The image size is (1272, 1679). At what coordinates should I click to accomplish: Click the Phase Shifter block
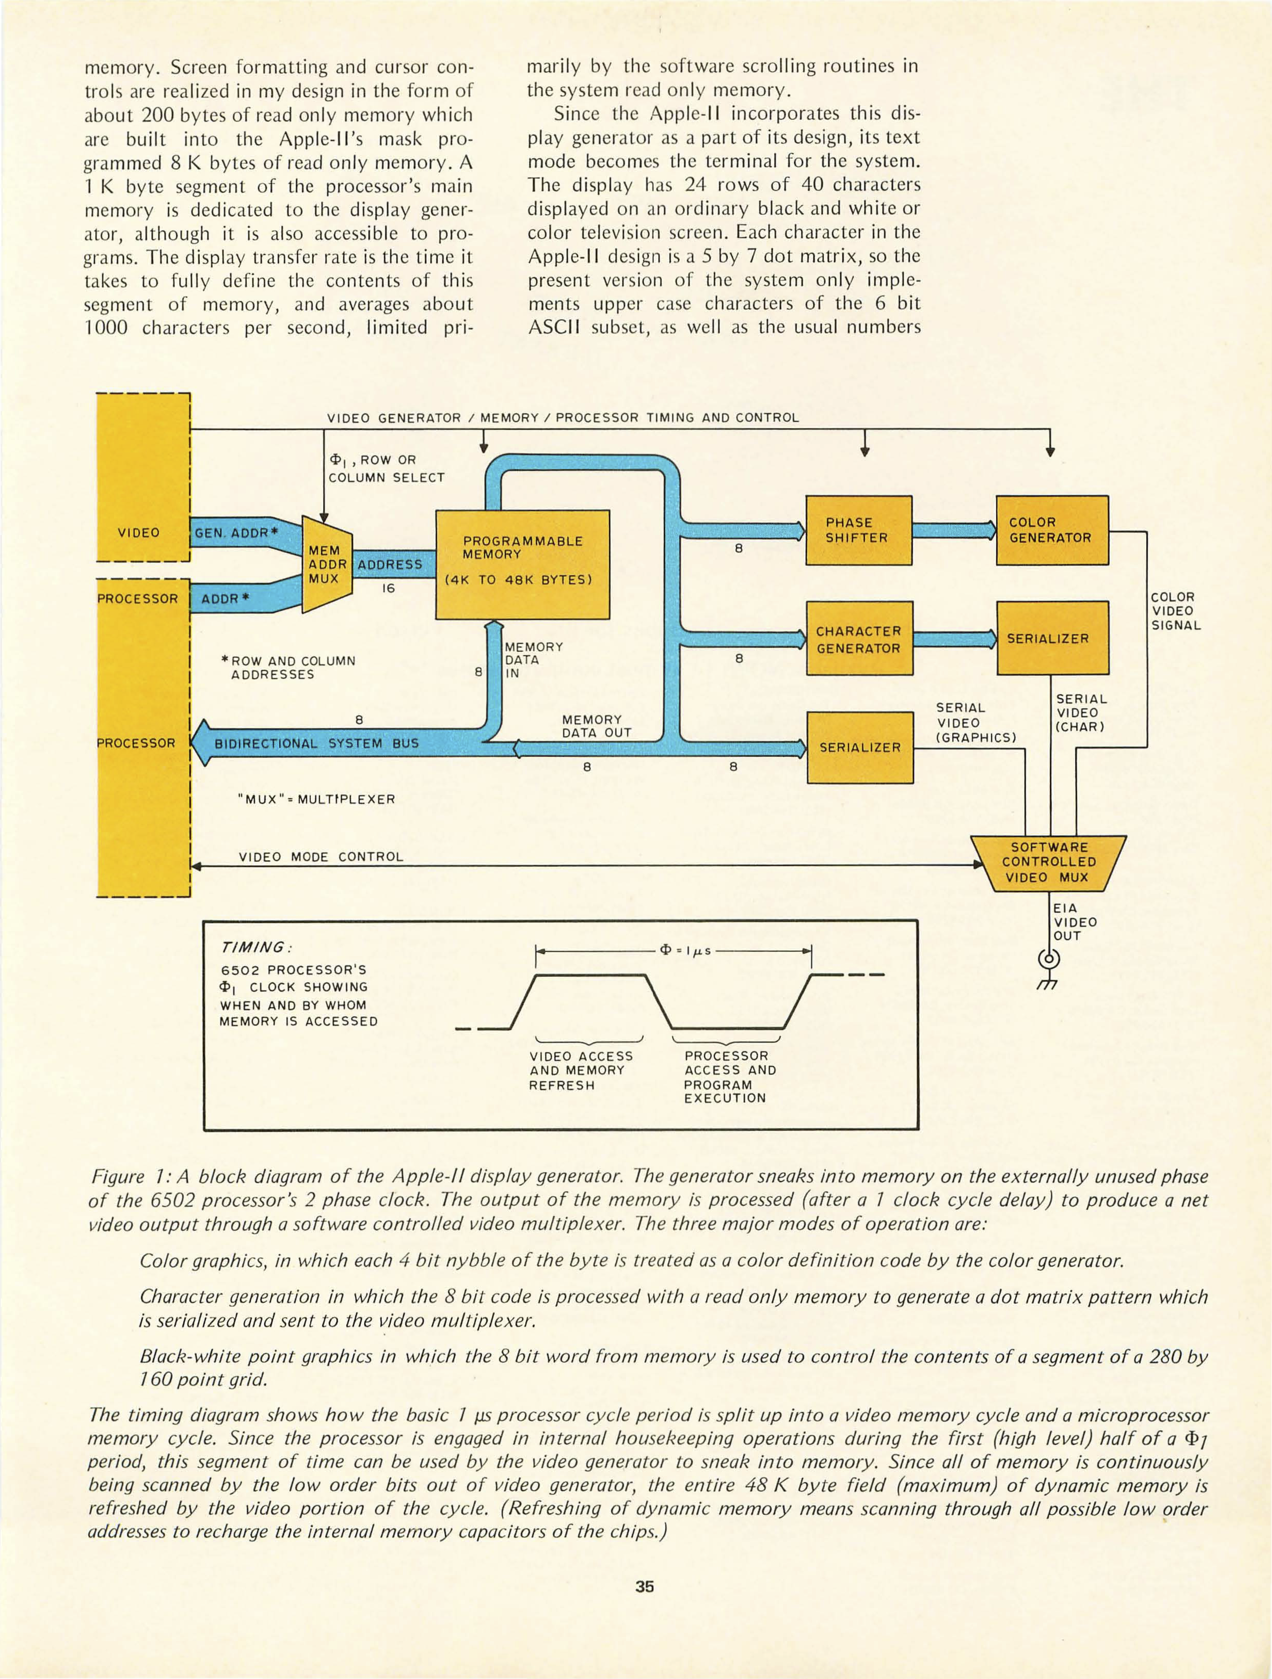click(x=858, y=530)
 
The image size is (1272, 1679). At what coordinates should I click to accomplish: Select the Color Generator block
click(x=1052, y=530)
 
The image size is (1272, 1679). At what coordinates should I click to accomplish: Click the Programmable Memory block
click(x=523, y=564)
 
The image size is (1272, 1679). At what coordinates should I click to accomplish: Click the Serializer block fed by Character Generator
click(x=1052, y=638)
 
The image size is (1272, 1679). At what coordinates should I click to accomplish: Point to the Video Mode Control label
click(x=321, y=857)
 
